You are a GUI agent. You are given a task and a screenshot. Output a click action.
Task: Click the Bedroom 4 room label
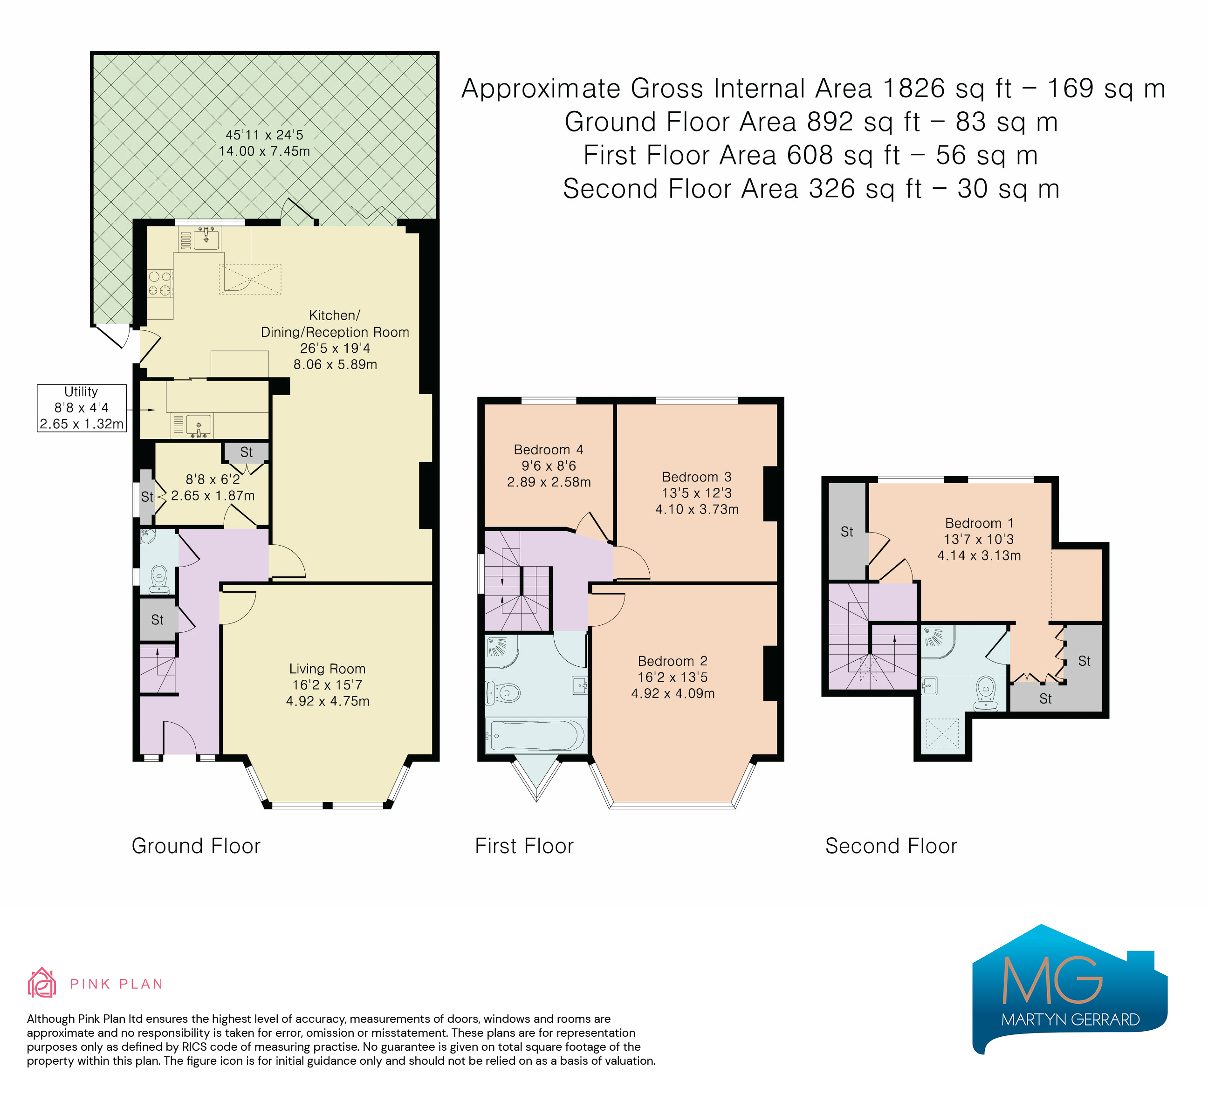point(548,450)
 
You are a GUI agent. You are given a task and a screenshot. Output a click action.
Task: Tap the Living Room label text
point(327,669)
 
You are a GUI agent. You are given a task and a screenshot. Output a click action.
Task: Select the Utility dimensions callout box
point(82,408)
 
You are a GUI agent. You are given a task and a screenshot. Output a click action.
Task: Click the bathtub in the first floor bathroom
point(535,735)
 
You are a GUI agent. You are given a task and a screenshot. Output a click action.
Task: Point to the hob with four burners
point(160,283)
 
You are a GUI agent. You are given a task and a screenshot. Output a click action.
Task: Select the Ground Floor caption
point(196,846)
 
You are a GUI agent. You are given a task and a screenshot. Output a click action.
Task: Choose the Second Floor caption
point(891,846)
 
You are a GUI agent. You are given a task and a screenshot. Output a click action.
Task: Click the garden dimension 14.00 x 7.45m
point(264,151)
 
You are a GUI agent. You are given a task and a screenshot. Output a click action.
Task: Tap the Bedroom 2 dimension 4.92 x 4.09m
point(673,694)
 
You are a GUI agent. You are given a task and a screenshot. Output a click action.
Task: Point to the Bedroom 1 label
point(979,524)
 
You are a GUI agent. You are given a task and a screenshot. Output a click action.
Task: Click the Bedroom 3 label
point(697,478)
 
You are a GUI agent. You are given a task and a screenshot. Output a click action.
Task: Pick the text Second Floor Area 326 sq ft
point(742,189)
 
